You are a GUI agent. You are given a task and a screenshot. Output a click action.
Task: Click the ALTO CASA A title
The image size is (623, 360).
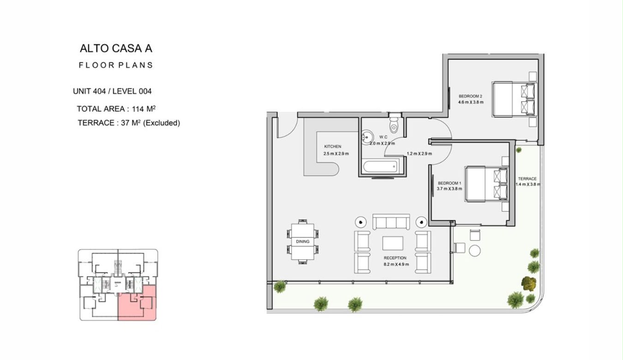coord(116,48)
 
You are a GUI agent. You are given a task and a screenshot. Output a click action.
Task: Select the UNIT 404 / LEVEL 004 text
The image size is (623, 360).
coord(112,91)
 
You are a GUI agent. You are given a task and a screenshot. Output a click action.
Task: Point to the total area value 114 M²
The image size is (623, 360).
coord(144,109)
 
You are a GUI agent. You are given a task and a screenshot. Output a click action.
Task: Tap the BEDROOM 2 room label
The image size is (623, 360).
coord(470,96)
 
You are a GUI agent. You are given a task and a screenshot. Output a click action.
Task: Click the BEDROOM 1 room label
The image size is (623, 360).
coord(449,183)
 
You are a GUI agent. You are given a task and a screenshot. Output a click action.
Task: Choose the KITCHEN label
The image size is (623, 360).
coord(333,146)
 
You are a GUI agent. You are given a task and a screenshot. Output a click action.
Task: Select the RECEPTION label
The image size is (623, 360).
coord(395,258)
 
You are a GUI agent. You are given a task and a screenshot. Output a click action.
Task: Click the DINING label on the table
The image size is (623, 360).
coord(303,241)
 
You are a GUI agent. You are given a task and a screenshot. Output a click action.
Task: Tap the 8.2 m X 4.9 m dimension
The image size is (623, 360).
coord(396,264)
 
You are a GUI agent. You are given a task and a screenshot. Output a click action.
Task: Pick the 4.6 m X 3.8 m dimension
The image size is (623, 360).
coord(471,102)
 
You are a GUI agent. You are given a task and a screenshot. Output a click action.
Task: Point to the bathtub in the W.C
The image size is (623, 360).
coord(380,167)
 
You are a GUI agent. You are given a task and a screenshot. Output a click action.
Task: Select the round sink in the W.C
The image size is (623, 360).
coord(367,137)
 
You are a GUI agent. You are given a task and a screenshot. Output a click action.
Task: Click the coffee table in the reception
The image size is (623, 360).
coord(392,243)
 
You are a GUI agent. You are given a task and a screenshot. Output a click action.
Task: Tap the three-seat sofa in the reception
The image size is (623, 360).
coord(391,222)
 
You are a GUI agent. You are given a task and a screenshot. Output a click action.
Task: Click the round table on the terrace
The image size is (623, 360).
coord(474,251)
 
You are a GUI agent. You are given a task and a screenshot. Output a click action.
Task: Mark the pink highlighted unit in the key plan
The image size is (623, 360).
coord(137,303)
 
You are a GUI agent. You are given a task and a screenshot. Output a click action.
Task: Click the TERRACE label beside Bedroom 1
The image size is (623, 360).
coord(527,179)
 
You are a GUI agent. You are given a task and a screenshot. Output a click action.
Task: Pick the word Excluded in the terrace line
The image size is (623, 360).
coord(162,123)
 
